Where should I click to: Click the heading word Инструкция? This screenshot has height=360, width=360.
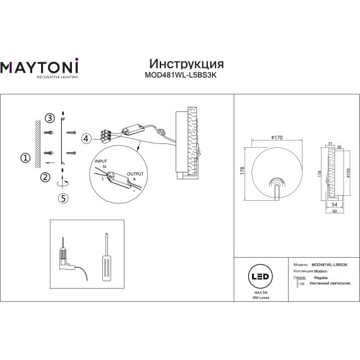tap(186, 64)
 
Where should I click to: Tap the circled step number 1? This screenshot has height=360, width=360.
tap(25, 157)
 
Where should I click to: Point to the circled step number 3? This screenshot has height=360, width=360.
tap(49, 119)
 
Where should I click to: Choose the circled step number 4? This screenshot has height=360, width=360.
tap(86, 138)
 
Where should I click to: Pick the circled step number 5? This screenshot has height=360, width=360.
tap(63, 198)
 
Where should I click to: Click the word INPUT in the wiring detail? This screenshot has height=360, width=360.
tap(101, 162)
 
